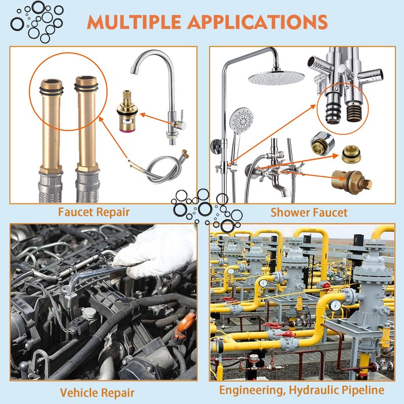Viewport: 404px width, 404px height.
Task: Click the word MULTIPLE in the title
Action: (x=134, y=22)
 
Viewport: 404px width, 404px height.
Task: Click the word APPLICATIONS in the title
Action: (x=258, y=22)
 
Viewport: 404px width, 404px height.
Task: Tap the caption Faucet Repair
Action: (x=94, y=212)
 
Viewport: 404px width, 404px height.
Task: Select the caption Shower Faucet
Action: (x=309, y=213)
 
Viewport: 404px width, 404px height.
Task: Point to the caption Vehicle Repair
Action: (x=97, y=393)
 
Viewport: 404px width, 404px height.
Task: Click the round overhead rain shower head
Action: (x=276, y=77)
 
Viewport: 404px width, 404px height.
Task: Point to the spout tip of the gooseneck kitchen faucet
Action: (x=133, y=70)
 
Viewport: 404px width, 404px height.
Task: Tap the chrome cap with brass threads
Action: (x=322, y=143)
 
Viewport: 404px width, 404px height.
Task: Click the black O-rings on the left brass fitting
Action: (x=52, y=90)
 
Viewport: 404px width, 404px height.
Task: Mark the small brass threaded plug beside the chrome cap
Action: (x=351, y=154)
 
